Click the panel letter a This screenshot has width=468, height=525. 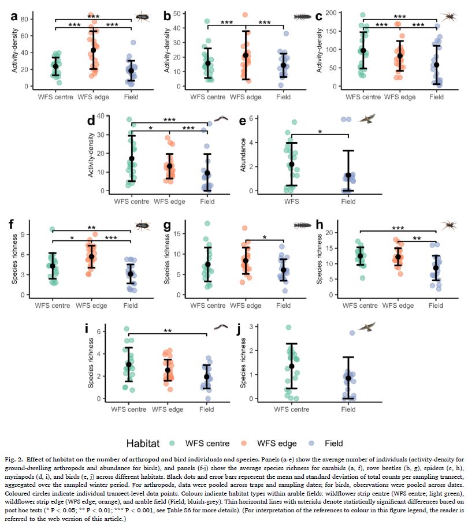pyautogui.click(x=14, y=16)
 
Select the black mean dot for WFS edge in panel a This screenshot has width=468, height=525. pyautogui.click(x=93, y=50)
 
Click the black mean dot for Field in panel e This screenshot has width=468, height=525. pyautogui.click(x=348, y=175)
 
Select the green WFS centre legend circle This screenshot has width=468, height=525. pyautogui.click(x=173, y=444)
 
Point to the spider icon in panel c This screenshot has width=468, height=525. pyautogui.click(x=450, y=17)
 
